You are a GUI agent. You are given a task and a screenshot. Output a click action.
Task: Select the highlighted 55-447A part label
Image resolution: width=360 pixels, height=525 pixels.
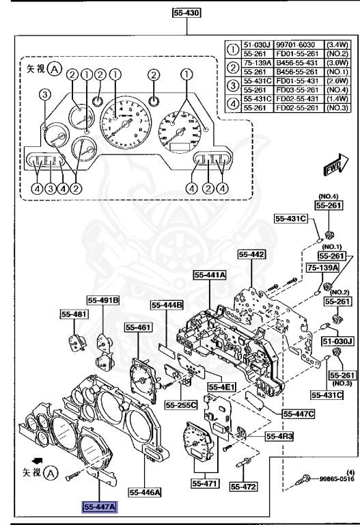[100, 507]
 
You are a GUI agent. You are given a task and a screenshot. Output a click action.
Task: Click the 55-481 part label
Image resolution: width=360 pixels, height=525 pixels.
[67, 314]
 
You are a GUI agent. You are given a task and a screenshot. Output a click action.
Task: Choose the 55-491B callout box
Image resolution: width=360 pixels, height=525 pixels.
[103, 299]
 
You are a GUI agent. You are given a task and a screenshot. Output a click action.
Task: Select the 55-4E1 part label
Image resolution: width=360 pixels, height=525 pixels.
[221, 387]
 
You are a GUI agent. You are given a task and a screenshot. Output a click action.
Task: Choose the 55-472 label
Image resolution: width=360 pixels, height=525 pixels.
[242, 487]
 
